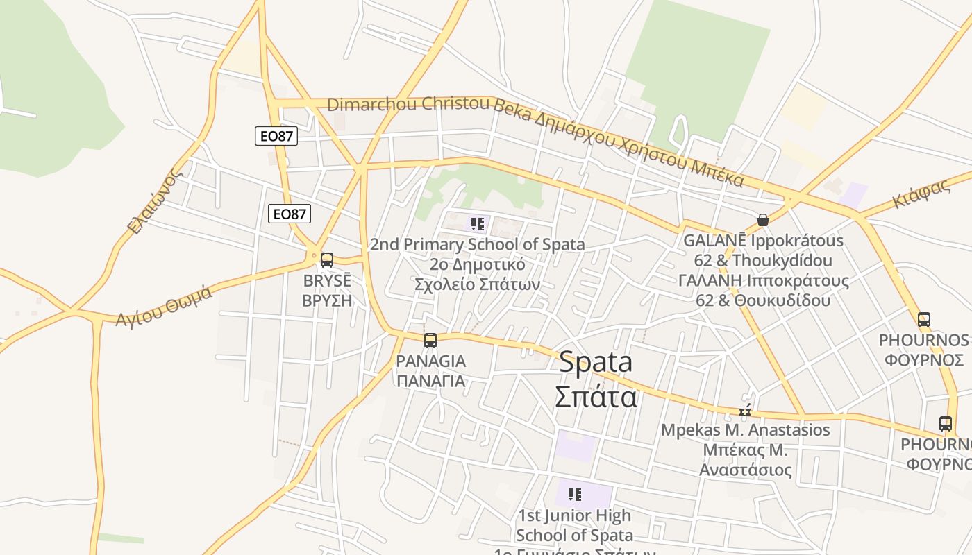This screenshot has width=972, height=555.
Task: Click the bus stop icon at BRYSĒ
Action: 326,260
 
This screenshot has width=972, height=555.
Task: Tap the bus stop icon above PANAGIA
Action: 430,341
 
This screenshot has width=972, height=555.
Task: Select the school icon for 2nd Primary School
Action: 477,224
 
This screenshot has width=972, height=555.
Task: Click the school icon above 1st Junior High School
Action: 574,495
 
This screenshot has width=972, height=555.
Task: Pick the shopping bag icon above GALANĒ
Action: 763,220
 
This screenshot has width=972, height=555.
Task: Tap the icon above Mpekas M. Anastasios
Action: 745,411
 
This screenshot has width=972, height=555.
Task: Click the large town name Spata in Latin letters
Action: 596,361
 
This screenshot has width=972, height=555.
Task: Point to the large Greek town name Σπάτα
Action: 596,398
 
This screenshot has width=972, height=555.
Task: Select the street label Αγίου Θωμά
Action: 164,306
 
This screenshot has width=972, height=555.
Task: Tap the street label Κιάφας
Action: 921,194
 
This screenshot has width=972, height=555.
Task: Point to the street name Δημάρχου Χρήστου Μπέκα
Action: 639,146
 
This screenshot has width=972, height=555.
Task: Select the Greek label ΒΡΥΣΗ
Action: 327,300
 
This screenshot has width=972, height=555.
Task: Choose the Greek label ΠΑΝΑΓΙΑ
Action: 430,381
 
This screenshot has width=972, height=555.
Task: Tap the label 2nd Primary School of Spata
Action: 477,244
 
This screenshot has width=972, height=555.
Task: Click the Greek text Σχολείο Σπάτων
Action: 477,284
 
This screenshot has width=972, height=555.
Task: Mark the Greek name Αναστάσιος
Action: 745,470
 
